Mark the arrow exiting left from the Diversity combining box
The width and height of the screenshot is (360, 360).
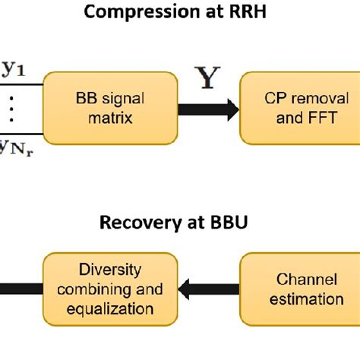pos(19,289)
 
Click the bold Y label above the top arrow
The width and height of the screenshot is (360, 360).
pos(204,78)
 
